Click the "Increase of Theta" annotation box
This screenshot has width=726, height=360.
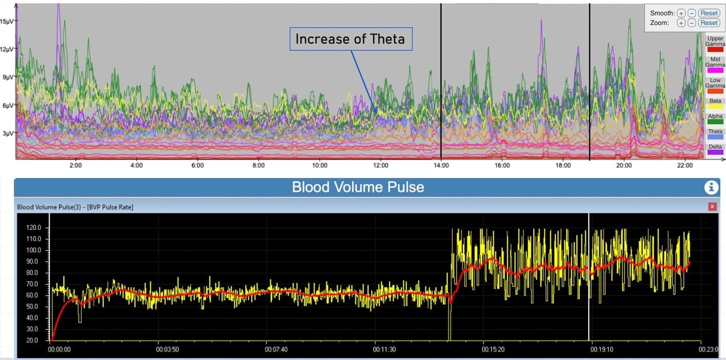351,39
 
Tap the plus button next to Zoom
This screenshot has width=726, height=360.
681,23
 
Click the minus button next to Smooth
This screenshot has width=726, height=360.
692,13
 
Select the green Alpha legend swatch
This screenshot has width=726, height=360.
715,121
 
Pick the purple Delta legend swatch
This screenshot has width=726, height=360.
715,152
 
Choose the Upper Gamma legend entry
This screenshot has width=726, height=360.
715,41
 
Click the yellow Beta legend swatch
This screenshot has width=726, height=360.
715,106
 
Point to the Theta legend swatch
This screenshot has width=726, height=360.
715,137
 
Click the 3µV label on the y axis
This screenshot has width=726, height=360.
8,133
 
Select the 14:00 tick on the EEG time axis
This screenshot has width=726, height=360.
441,166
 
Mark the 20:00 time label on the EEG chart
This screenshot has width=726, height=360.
624,166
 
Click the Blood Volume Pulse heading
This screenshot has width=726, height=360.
358,187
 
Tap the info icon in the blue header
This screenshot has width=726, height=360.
711,187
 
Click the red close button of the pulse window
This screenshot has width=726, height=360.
712,207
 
